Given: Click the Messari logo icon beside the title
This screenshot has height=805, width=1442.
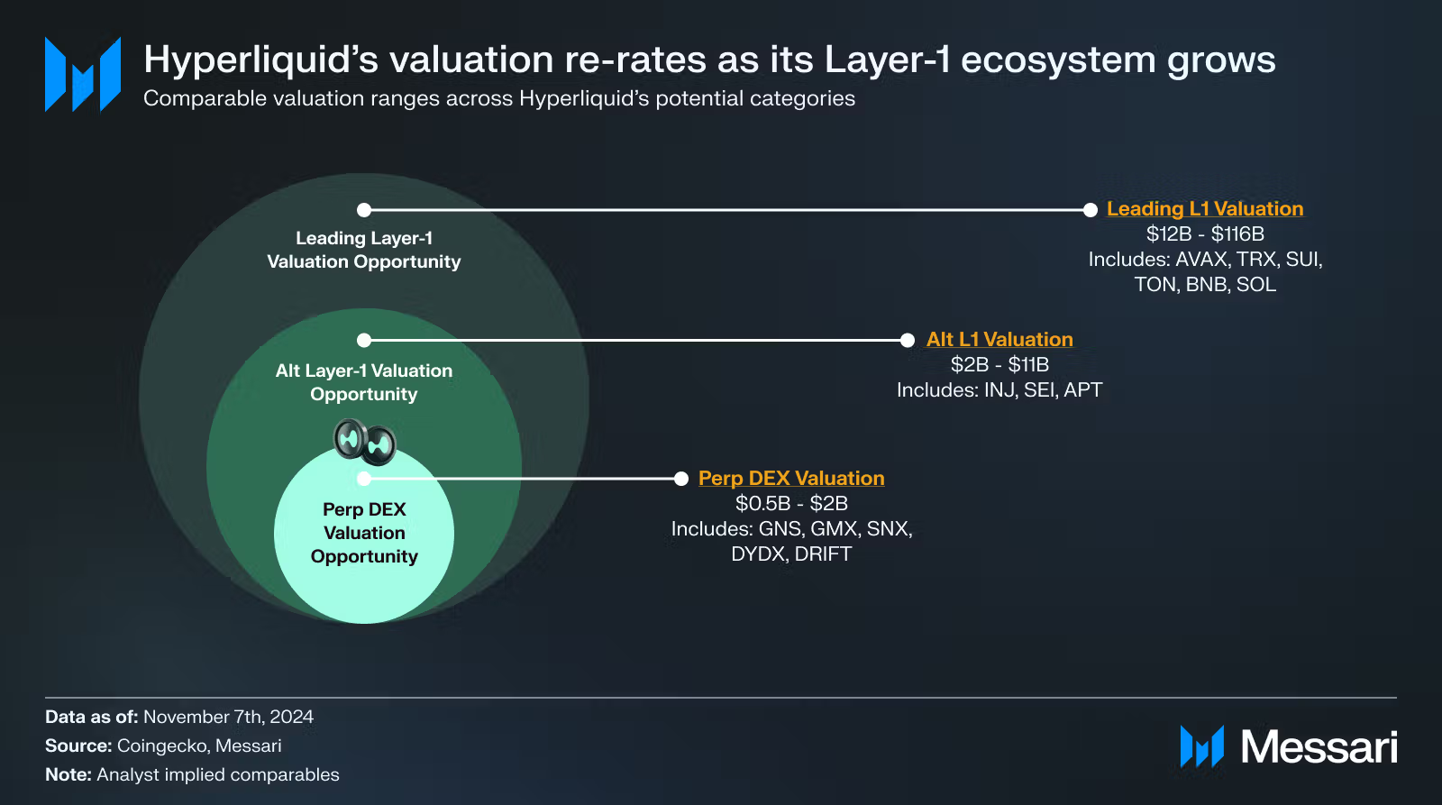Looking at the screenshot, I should tap(83, 75).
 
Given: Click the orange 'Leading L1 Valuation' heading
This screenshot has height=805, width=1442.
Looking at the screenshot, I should tap(1205, 209).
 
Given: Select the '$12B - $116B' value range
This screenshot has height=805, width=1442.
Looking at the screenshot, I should tap(1205, 234).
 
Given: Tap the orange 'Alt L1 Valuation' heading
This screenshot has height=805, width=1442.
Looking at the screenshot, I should tap(999, 340).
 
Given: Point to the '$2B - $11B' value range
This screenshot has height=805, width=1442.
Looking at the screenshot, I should tap(999, 365).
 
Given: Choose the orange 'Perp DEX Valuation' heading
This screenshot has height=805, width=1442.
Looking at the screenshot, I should tap(791, 479).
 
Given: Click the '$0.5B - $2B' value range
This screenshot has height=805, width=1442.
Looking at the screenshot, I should tap(791, 504).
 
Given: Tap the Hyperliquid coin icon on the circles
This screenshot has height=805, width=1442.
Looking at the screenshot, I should tap(365, 441).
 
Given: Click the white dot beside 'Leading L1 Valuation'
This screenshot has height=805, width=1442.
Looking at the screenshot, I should tap(1090, 210).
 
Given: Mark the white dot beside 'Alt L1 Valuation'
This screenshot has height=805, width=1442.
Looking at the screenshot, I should tap(908, 340).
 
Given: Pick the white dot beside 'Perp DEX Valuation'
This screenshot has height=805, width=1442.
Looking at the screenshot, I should tap(681, 479).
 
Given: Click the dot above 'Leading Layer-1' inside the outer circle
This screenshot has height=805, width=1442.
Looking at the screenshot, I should tap(364, 210).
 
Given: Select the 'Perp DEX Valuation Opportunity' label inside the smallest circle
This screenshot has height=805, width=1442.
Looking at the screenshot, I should tap(364, 533).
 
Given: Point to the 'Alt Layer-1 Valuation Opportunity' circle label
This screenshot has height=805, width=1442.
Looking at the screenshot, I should tap(364, 382).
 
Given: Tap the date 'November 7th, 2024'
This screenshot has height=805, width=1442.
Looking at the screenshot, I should tap(228, 717).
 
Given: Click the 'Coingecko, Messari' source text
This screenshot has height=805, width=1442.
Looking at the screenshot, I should tap(199, 746).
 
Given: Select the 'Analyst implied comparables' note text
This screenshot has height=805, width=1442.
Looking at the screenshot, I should tap(218, 774).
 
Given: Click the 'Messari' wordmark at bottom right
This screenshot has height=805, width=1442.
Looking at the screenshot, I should tap(1319, 747).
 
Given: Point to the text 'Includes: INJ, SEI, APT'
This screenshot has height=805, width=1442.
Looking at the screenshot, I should tap(999, 390).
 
